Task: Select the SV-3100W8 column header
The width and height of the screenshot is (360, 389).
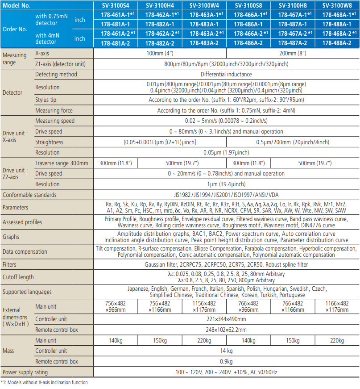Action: (337, 6)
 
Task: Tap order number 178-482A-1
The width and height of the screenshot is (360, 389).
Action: (160, 24)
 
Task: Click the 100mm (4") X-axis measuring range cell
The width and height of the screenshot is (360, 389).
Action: (159, 54)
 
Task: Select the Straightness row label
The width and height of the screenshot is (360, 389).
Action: (49, 142)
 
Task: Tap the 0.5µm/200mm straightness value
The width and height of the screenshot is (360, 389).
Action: (292, 142)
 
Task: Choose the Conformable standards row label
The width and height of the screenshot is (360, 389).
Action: (29, 195)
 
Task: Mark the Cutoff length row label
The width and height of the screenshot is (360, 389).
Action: (18, 277)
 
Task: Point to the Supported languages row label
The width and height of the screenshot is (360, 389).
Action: (27, 292)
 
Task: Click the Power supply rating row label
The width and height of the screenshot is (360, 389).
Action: (25, 372)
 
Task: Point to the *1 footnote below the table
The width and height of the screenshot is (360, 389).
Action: (44, 382)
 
